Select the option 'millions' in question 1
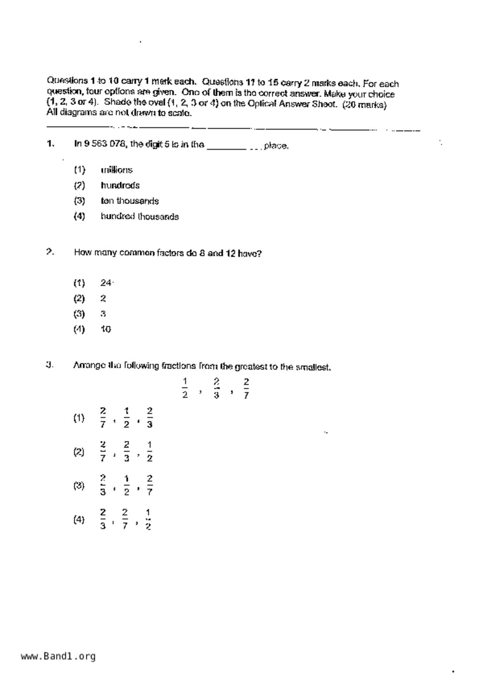coord(116,170)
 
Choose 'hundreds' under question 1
coord(120,186)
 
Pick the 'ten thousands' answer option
coord(130,201)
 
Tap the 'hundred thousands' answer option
coord(140,216)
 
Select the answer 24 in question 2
coord(106,283)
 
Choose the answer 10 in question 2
coord(106,329)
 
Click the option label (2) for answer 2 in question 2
coord(79,298)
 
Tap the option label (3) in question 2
coord(79,314)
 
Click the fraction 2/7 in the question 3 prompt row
coord(246,388)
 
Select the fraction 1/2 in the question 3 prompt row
coord(185,388)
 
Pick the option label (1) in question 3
coord(79,418)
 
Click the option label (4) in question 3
coord(79,520)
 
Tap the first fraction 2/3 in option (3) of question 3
coord(103,486)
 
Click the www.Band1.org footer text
coord(58,656)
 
